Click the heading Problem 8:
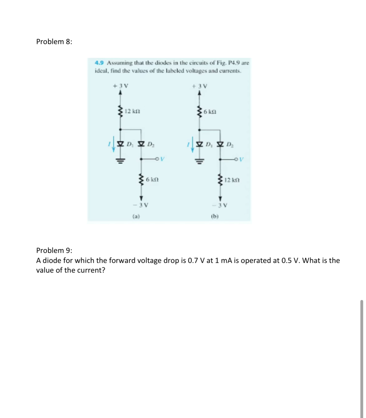click(54, 42)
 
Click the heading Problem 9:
click(54, 250)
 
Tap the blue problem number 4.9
click(100, 63)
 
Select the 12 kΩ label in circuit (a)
click(132, 111)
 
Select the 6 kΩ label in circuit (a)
click(152, 180)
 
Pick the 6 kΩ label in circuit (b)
click(210, 111)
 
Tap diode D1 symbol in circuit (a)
click(120, 144)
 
